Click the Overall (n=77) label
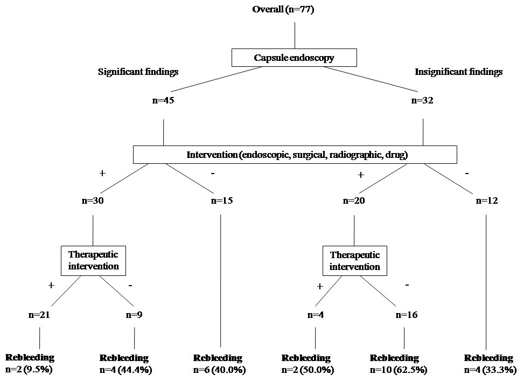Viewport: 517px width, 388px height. click(295, 9)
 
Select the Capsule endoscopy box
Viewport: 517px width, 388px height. click(294, 58)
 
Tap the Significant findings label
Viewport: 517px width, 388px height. click(138, 71)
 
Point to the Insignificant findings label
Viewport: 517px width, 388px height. click(459, 71)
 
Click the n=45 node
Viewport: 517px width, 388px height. click(163, 100)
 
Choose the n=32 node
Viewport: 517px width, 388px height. click(423, 100)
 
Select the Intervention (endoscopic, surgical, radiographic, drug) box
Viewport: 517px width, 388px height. click(295, 155)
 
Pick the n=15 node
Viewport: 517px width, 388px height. click(221, 201)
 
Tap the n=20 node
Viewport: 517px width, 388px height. click(354, 201)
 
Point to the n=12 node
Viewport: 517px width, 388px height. click(487, 201)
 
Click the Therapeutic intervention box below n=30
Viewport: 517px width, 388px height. click(94, 260)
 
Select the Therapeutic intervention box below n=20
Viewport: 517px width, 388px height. click(354, 260)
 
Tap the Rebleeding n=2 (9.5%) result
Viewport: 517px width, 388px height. click(30, 364)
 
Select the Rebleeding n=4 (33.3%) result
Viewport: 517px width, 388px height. click(489, 364)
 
